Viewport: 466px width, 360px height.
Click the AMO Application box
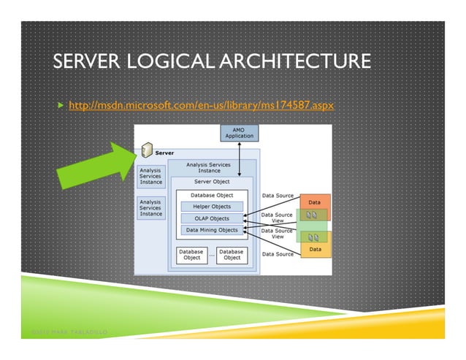[x=239, y=133]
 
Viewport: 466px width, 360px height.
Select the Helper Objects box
[x=212, y=207]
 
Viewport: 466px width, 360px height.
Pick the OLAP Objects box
[x=212, y=218]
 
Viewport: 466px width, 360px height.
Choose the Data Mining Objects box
[x=212, y=230]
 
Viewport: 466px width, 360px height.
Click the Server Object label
[x=212, y=181]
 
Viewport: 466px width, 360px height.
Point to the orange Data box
[x=315, y=202]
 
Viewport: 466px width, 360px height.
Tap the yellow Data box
[x=315, y=249]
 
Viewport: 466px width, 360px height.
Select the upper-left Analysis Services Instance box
[x=150, y=175]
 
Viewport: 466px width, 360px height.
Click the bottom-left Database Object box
[x=191, y=255]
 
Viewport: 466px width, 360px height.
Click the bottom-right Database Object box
[x=232, y=255]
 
